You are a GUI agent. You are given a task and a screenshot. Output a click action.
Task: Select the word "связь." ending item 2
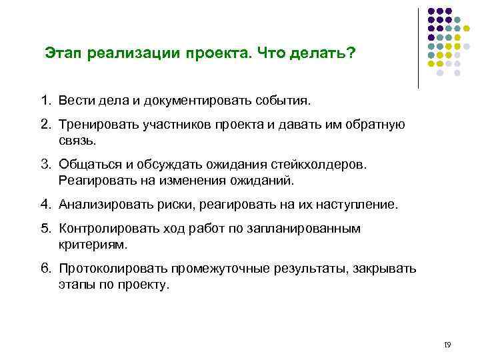pos(77,141)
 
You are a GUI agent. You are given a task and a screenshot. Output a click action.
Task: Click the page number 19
pos(447,345)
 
